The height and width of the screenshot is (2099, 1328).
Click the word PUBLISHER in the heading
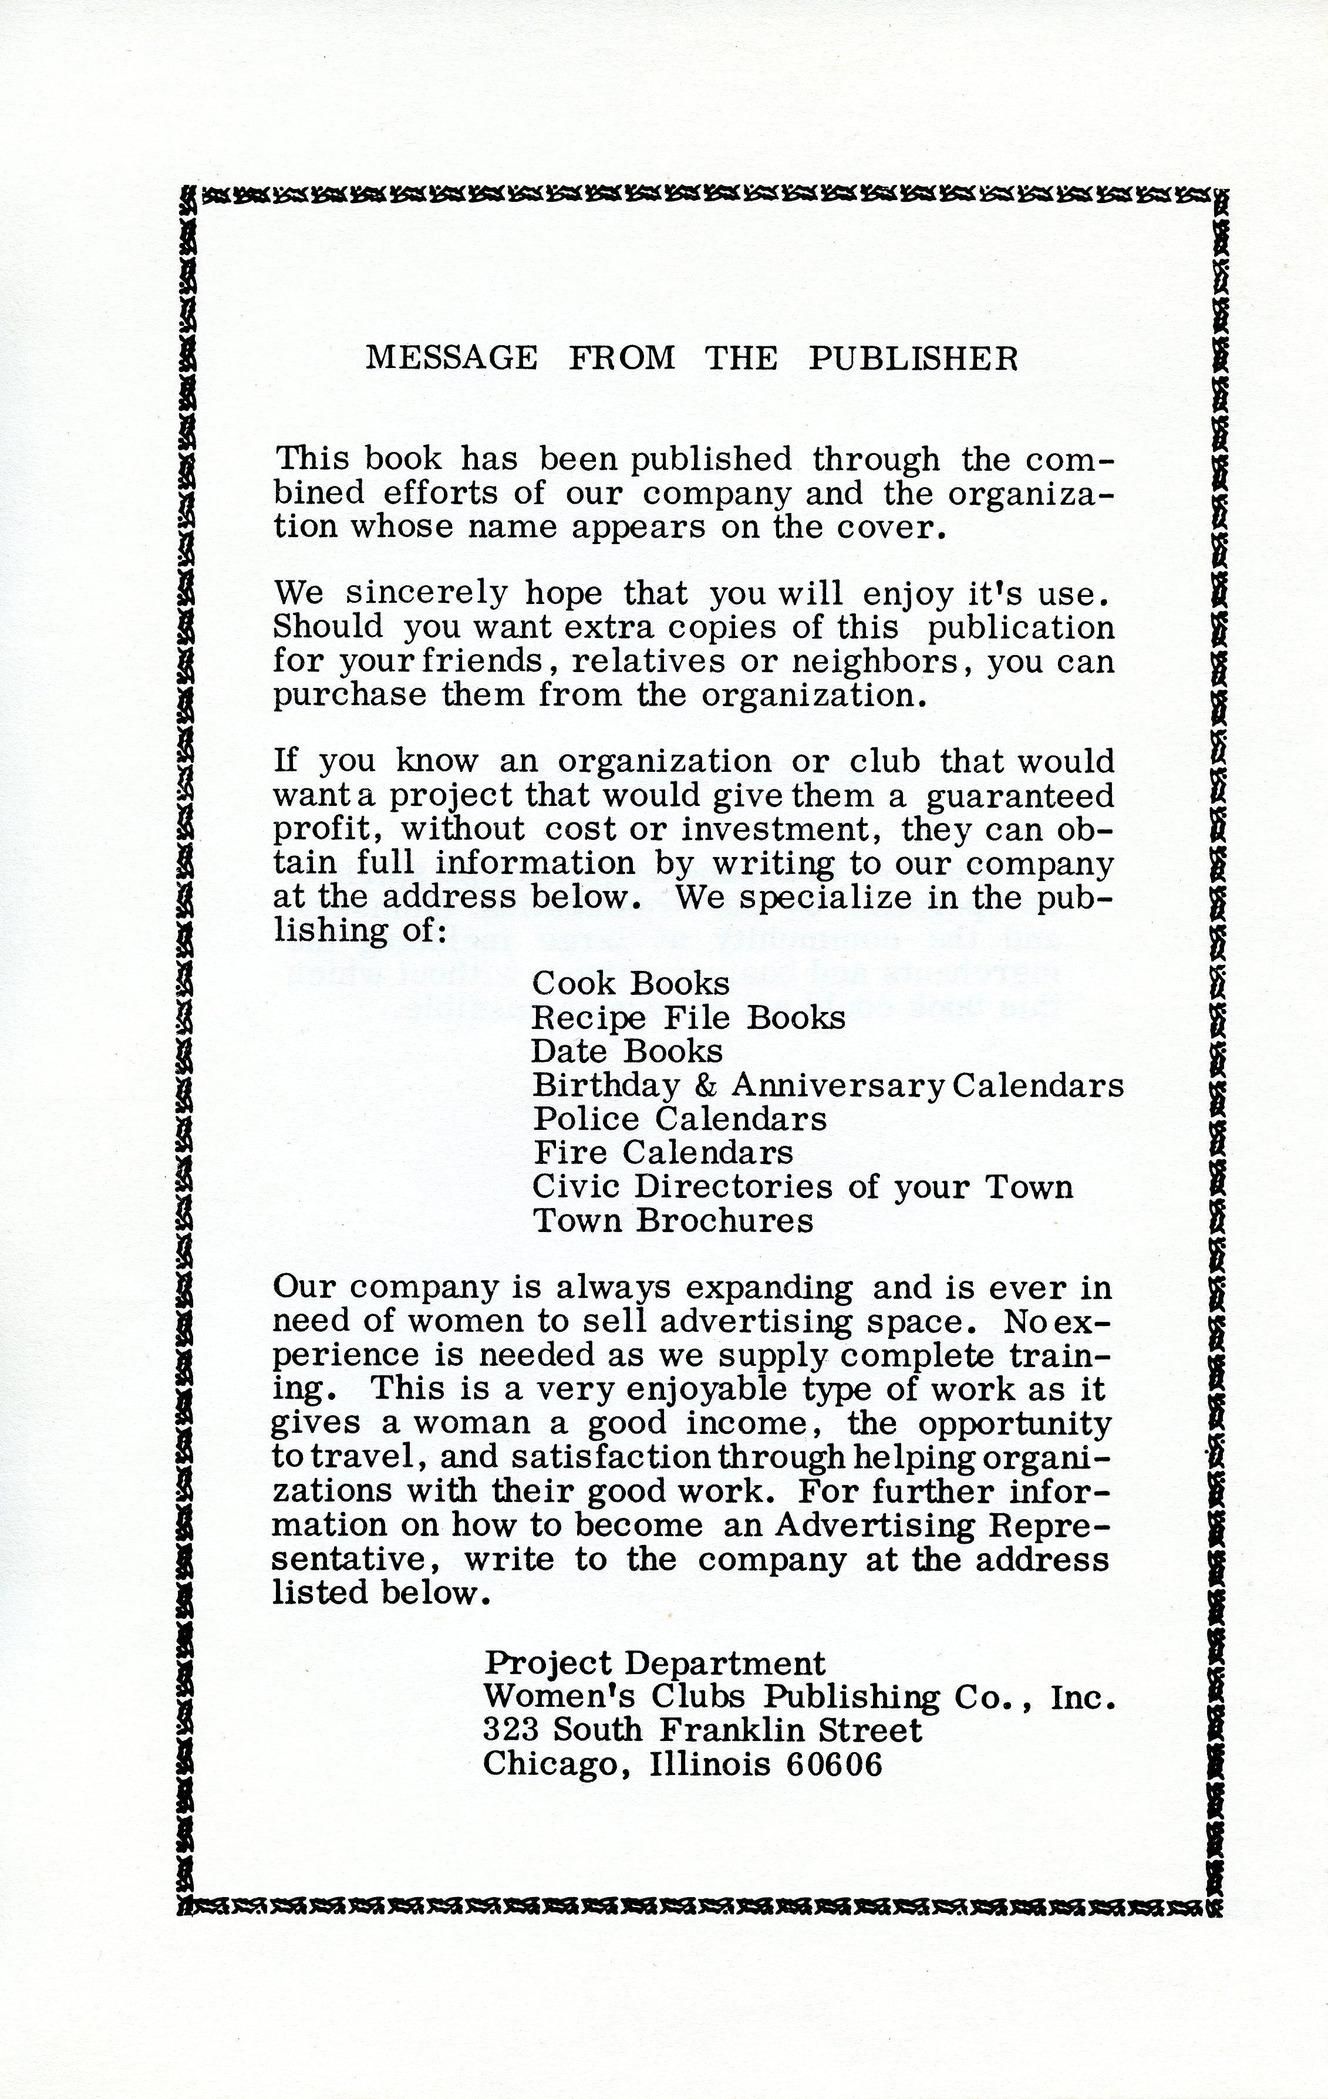[913, 358]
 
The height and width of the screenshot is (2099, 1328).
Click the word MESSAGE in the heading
[451, 358]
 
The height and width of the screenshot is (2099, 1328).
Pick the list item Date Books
[627, 1051]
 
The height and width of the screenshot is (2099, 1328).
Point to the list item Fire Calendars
[663, 1152]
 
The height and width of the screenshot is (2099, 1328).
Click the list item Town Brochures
[672, 1220]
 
